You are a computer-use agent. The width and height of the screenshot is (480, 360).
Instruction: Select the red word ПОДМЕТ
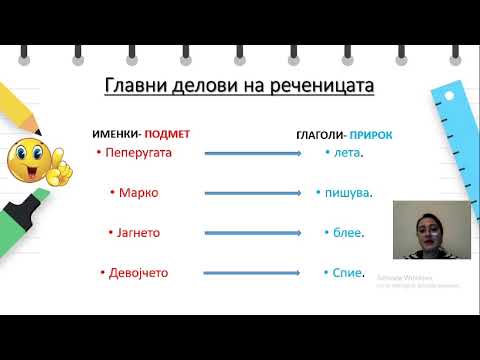(x=166, y=133)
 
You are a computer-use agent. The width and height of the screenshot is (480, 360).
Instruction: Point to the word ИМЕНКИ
(x=115, y=133)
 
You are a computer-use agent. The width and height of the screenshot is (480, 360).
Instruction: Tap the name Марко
(x=138, y=192)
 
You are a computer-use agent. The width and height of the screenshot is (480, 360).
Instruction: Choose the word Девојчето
(x=142, y=272)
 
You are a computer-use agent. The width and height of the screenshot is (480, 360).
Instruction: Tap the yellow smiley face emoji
(x=33, y=160)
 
